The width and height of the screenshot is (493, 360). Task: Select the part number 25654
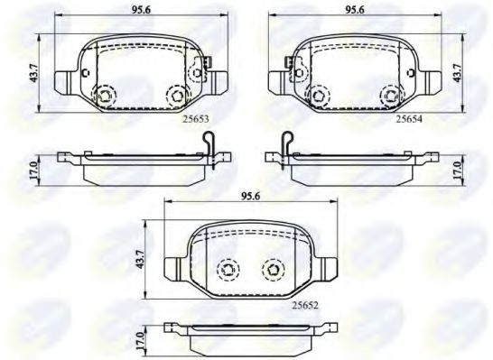pos(408,116)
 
